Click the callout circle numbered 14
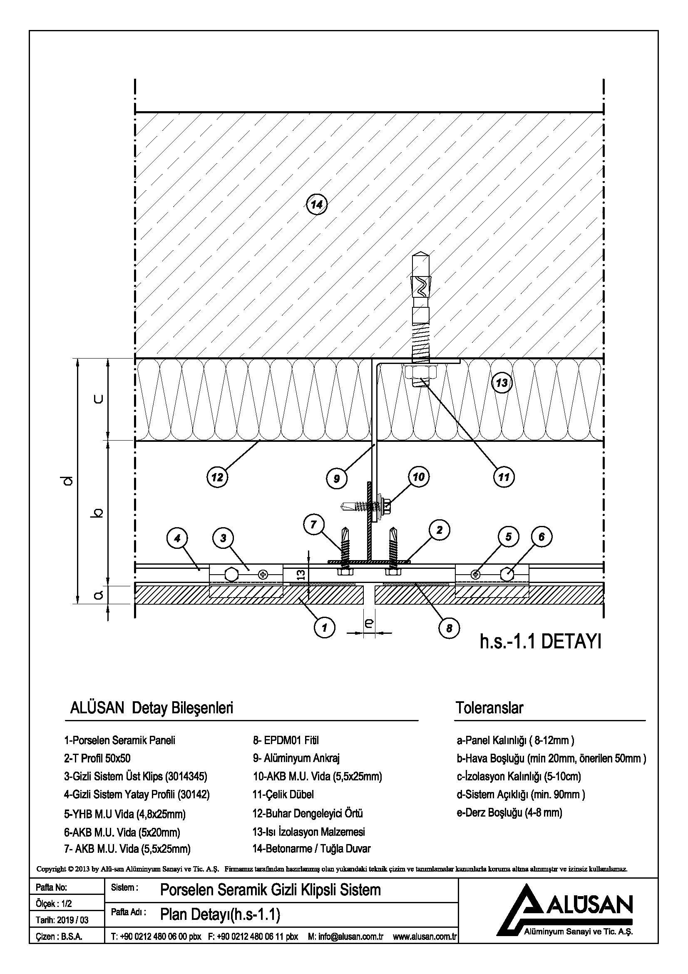(316, 205)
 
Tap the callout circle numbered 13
(502, 383)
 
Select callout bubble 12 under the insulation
(217, 478)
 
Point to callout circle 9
(337, 478)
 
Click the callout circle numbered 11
(503, 478)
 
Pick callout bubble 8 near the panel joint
(450, 628)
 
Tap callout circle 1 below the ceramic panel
(325, 627)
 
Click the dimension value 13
(301, 575)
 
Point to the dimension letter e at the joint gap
(369, 623)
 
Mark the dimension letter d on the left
(70, 481)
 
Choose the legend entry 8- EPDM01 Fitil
(286, 740)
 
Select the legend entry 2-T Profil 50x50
(97, 758)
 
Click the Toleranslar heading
(489, 707)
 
